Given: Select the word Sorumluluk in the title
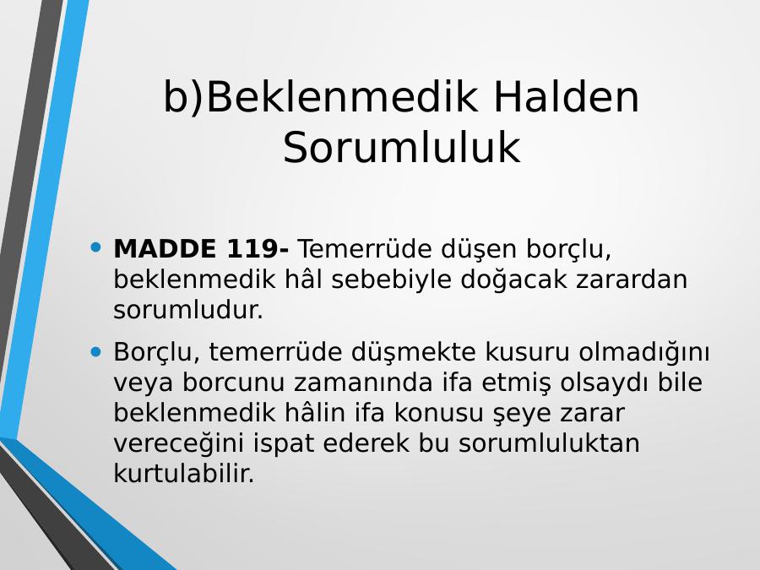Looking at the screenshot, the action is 402,147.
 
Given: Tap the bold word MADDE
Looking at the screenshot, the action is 165,248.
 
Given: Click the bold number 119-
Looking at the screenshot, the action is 258,248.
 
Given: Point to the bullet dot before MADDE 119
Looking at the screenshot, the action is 95,247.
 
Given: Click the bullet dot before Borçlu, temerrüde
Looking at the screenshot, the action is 95,351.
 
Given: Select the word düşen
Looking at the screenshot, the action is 479,250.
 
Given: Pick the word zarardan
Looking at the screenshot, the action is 632,280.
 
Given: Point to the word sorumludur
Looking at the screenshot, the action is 188,310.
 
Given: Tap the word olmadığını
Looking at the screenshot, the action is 643,352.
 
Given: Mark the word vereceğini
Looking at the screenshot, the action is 178,443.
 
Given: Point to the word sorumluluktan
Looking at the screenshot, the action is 549,442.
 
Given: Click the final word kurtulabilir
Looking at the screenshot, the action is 184,473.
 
